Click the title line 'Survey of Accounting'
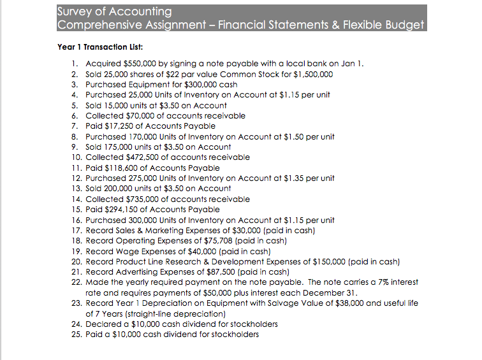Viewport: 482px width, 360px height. click(x=115, y=11)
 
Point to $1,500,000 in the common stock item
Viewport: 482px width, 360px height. click(x=311, y=74)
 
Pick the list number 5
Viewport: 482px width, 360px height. click(x=74, y=105)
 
